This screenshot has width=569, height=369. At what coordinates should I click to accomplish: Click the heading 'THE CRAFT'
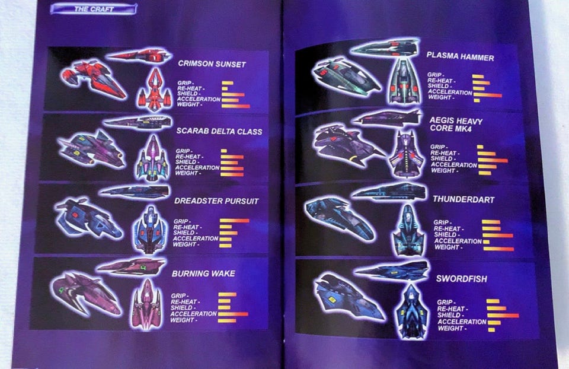click(x=94, y=9)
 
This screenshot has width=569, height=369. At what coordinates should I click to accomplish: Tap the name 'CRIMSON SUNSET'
click(x=212, y=64)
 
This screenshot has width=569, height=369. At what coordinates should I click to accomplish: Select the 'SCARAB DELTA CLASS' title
click(x=219, y=131)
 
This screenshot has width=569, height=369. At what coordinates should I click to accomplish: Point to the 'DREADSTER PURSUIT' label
click(x=217, y=201)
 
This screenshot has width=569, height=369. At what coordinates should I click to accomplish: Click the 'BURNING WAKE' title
click(x=203, y=273)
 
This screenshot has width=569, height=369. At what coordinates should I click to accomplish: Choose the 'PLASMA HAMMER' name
click(x=460, y=56)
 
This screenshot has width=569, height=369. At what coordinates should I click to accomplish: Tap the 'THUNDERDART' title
click(x=463, y=199)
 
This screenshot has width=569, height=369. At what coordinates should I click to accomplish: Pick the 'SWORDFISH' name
click(x=462, y=279)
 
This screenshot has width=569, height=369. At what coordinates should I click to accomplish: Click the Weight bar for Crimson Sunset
click(x=236, y=106)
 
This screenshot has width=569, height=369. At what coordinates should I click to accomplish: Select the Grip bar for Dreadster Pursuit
click(x=235, y=221)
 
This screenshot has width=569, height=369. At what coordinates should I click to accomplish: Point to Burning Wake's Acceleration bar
click(x=233, y=314)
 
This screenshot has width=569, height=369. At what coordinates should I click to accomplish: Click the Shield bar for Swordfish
click(x=503, y=316)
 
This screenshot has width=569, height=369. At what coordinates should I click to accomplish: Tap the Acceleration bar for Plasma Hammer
click(x=487, y=96)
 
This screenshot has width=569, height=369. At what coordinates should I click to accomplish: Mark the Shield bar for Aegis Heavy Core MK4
click(x=493, y=160)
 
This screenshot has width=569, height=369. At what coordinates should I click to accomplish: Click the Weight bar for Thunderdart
click(x=498, y=249)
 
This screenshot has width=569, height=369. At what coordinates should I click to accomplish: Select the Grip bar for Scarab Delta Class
click(x=224, y=151)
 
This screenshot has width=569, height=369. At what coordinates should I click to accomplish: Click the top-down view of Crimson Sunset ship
click(x=155, y=90)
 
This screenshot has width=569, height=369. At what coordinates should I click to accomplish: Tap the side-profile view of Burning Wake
click(x=131, y=267)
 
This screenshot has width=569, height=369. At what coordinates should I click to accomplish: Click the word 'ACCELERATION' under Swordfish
click(x=462, y=322)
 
